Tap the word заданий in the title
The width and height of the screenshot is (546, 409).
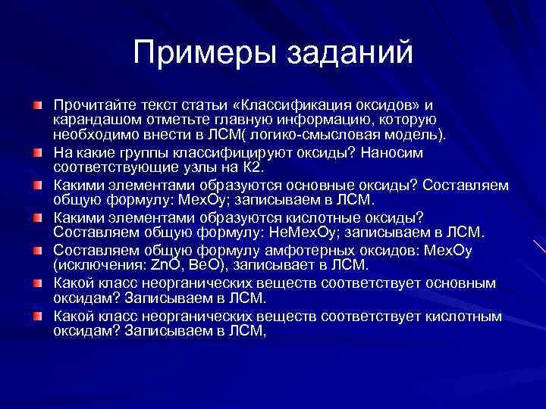click(x=350, y=53)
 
